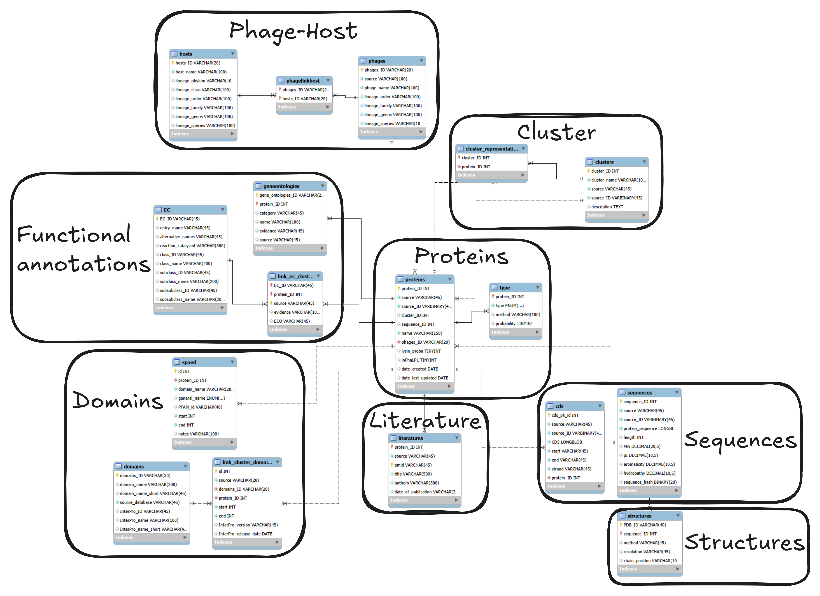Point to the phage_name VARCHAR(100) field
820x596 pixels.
click(x=392, y=88)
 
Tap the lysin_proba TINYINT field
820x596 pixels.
click(x=421, y=351)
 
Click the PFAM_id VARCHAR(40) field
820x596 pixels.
click(x=200, y=407)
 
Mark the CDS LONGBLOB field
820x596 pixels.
click(x=567, y=442)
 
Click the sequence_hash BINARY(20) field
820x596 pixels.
click(x=650, y=482)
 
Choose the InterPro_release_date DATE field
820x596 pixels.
click(x=245, y=534)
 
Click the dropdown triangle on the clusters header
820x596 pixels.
click(x=644, y=162)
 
